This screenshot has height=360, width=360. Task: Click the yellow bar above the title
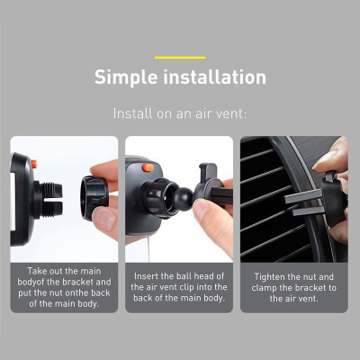point(180,58)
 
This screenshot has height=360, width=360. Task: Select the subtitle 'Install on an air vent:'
point(180,114)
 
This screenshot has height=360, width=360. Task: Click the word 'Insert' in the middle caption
point(148,276)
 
